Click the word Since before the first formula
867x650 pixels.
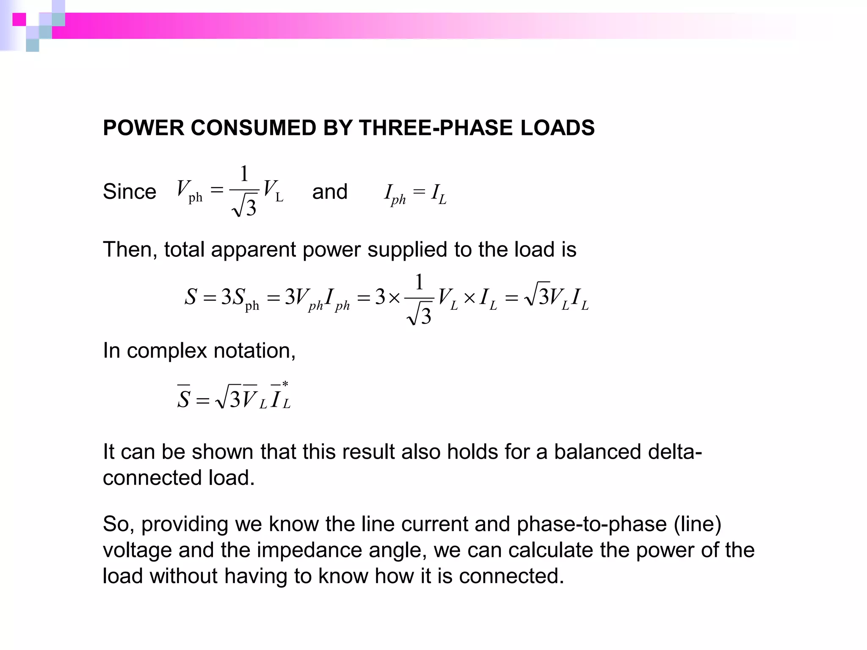tap(130, 192)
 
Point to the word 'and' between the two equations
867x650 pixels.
tap(330, 192)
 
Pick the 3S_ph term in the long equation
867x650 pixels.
tap(240, 298)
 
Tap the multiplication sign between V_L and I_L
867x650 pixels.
tap(469, 298)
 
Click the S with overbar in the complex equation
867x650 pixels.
tap(183, 398)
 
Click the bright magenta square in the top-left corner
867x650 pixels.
tap(19, 19)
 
